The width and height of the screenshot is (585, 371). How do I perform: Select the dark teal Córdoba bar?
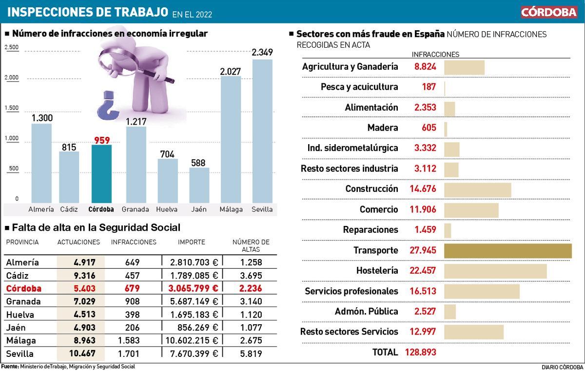[x=101, y=173]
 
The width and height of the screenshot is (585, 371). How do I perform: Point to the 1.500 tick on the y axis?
[x=12, y=108]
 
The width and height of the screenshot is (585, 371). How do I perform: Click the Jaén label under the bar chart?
[x=199, y=209]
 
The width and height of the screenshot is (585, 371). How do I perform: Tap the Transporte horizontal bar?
[x=507, y=250]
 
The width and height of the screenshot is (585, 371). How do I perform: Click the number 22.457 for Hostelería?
[x=423, y=271]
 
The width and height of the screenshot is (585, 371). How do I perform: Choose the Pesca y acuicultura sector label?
[x=359, y=87]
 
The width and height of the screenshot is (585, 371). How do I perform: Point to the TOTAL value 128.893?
[x=420, y=352]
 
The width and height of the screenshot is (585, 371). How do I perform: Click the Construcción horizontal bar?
[x=477, y=189]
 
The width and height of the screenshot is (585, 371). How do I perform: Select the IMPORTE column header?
[x=191, y=242]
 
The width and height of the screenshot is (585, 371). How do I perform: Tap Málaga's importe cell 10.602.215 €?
[x=194, y=340]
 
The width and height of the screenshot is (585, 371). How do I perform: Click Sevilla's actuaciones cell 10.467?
[x=81, y=354]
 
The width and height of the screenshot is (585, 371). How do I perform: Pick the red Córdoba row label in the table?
[x=23, y=288]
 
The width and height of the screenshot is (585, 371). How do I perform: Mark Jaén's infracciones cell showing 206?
[x=132, y=328]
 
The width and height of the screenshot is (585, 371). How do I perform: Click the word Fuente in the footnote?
[x=9, y=367]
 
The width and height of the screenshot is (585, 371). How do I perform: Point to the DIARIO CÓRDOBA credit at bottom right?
[x=562, y=367]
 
